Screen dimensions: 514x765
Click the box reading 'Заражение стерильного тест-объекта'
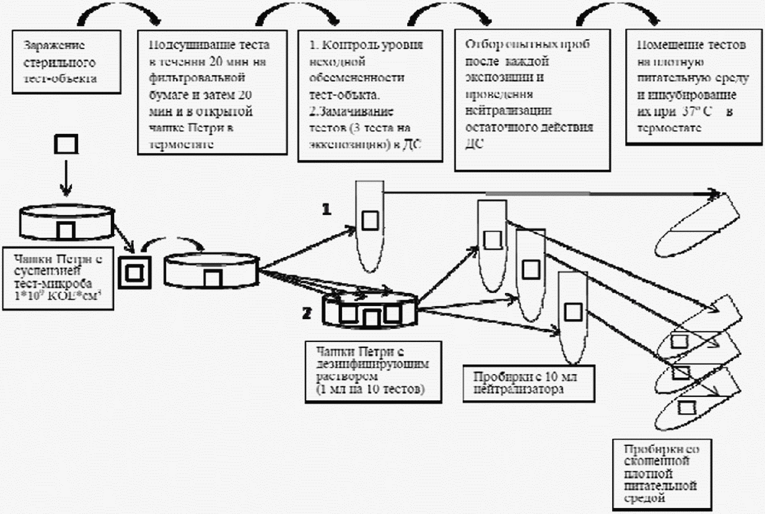coord(66,62)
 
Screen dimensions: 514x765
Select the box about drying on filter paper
coord(212,92)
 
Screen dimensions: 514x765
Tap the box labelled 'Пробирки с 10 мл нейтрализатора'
coord(528,384)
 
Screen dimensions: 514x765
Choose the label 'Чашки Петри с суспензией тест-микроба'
coord(58,278)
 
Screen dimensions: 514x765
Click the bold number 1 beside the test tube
coord(327,209)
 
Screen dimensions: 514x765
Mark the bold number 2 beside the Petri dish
coord(307,314)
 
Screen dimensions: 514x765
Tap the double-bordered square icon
coord(134,272)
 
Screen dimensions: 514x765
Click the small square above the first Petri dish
coord(66,144)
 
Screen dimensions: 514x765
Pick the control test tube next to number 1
coord(370,226)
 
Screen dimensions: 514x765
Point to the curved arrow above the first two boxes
coord(119,14)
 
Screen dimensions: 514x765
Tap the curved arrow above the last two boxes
coord(617,13)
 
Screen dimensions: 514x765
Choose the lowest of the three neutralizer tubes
coord(573,317)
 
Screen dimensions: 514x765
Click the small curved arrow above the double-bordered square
coord(172,242)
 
